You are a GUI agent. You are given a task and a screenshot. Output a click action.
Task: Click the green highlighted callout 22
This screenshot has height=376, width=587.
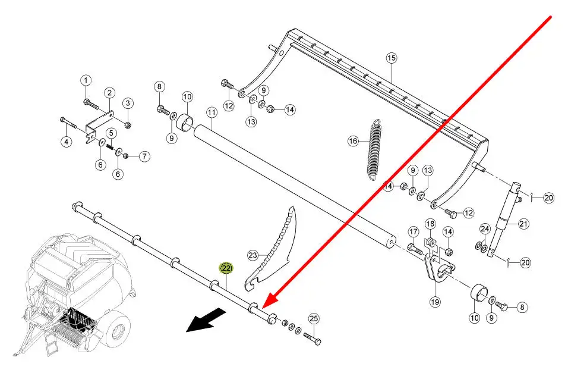(226, 268)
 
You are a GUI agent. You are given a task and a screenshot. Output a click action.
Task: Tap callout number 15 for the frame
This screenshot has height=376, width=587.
(391, 58)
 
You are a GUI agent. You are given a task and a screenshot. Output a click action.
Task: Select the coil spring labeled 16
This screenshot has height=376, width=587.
(375, 149)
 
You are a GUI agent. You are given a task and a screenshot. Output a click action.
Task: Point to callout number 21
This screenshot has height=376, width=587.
(523, 224)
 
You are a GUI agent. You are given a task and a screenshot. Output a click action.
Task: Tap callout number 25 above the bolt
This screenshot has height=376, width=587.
(314, 319)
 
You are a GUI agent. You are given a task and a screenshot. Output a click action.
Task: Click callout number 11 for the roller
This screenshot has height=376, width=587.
(212, 112)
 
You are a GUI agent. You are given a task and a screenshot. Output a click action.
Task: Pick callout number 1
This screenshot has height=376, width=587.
(86, 80)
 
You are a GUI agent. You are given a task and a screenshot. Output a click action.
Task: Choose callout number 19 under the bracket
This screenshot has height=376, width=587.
(435, 302)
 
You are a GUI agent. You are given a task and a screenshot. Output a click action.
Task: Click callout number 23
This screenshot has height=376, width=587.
(253, 256)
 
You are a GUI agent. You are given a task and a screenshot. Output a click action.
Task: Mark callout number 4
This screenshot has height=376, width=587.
(67, 142)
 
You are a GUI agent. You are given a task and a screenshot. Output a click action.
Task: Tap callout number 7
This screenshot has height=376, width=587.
(144, 156)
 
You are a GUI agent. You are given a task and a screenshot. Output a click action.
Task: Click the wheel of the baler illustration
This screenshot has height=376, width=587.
(117, 326)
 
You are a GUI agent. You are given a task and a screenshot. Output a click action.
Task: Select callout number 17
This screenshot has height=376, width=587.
(414, 232)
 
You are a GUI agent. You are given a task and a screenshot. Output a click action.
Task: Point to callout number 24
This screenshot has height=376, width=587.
(485, 228)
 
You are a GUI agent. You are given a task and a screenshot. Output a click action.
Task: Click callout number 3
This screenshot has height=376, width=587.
(127, 103)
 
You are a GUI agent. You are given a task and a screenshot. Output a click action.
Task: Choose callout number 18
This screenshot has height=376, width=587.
(431, 224)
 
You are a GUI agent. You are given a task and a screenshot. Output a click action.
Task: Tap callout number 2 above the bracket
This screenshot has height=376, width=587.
(109, 93)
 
